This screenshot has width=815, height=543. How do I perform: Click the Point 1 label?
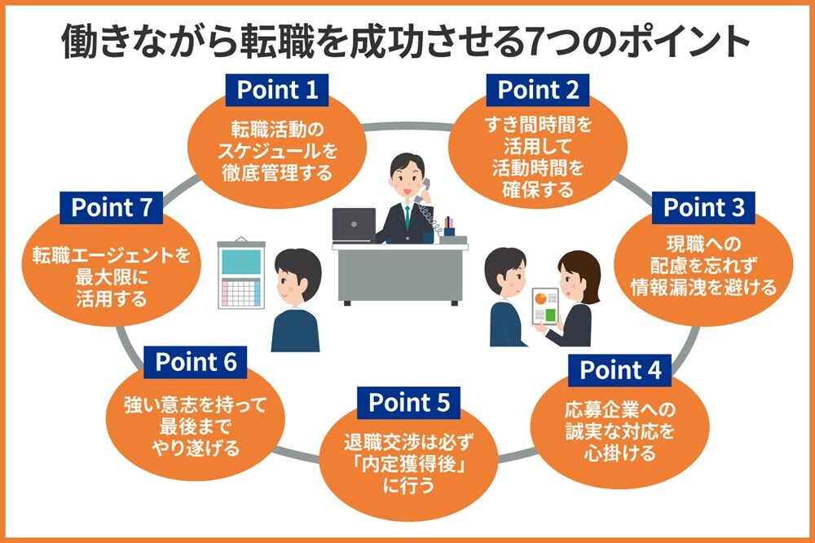point(277,90)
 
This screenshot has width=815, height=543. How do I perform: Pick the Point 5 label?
point(409,402)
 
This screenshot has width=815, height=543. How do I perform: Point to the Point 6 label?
point(196,361)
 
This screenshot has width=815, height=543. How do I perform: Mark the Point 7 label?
point(112,207)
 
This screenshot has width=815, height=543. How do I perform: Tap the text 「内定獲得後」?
point(410,466)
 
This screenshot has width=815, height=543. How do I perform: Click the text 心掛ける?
point(620,453)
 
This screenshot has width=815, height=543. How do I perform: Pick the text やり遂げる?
point(196,447)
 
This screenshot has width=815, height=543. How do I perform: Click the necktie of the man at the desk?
point(405,214)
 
